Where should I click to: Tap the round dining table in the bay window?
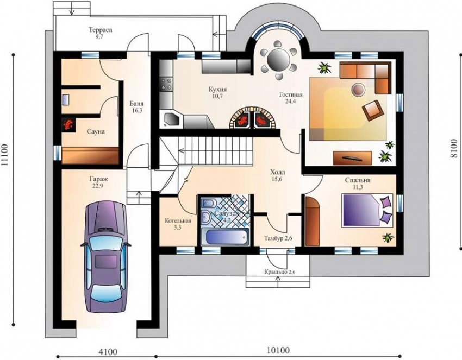click(x=278, y=57)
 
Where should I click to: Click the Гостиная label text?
click(x=291, y=94)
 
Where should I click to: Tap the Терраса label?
click(x=101, y=30)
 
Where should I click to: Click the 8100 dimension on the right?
click(x=454, y=146)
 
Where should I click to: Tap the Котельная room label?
click(x=178, y=221)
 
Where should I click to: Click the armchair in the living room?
click(x=372, y=110)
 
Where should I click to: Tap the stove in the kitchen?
click(x=165, y=84)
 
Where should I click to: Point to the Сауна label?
click(x=96, y=131)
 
